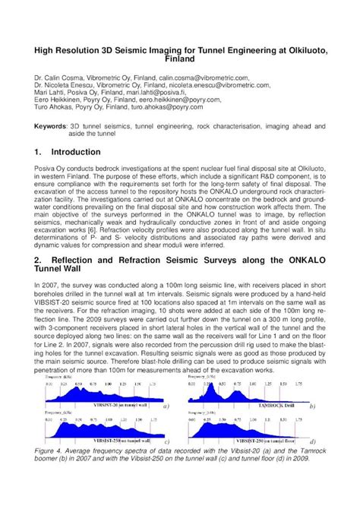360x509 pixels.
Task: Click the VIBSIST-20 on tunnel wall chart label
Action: [112, 407]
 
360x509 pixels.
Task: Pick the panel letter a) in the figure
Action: [165, 406]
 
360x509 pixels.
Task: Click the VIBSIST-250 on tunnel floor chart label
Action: [279, 440]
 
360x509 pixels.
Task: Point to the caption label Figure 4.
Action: [49, 451]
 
